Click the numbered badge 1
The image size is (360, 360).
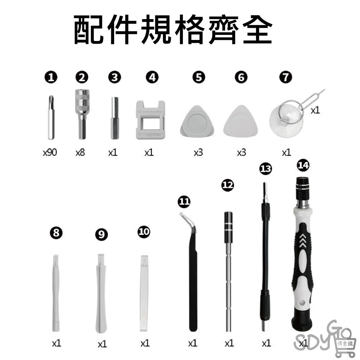pos(53,77)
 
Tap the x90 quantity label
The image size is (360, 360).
pos(50,153)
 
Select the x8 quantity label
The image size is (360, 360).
pos(80,153)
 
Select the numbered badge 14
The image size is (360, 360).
pos(303,165)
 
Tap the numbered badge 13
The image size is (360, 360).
pos(266,168)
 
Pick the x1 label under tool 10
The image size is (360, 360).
pos(145,343)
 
